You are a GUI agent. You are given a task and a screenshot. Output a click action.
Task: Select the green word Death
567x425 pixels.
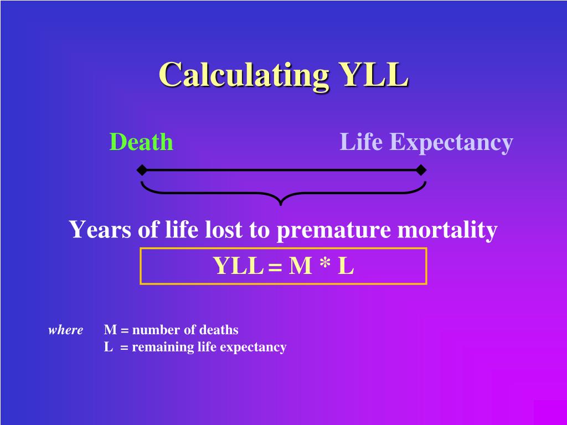(x=141, y=142)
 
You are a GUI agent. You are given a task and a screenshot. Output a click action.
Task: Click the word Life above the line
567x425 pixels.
(x=361, y=142)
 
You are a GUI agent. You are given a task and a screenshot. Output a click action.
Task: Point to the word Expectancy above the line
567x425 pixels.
(x=451, y=143)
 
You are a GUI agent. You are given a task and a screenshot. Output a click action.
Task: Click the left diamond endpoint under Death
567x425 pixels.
(x=142, y=169)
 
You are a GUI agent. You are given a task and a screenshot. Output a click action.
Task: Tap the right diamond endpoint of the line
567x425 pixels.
(x=421, y=169)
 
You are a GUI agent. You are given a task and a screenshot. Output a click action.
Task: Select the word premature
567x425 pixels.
(x=333, y=230)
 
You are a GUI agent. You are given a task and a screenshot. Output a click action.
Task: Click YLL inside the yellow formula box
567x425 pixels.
(x=238, y=266)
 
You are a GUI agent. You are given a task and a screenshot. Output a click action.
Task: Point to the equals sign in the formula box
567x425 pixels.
(x=275, y=267)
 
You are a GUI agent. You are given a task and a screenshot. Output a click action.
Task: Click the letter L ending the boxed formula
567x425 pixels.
(x=346, y=266)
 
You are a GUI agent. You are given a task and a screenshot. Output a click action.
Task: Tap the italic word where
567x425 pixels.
(x=66, y=330)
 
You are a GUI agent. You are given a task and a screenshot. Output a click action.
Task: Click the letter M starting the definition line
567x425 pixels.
(x=110, y=330)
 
